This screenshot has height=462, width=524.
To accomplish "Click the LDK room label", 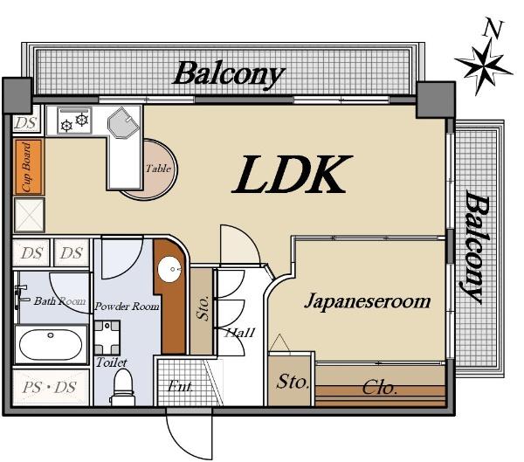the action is [x=292, y=176].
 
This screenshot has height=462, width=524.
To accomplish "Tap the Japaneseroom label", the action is [x=367, y=301].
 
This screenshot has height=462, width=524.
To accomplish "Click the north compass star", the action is [x=483, y=63].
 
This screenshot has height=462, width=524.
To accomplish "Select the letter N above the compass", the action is [x=493, y=29].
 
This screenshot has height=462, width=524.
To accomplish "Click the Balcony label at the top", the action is [x=228, y=72].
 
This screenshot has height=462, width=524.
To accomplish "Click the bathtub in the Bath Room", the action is [x=51, y=345].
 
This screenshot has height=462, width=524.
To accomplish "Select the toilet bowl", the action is [x=123, y=383].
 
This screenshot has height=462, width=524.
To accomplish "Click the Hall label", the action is [x=239, y=332].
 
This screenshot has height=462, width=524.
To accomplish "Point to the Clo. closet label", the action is [x=379, y=387].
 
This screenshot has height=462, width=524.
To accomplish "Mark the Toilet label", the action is [x=111, y=362].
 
